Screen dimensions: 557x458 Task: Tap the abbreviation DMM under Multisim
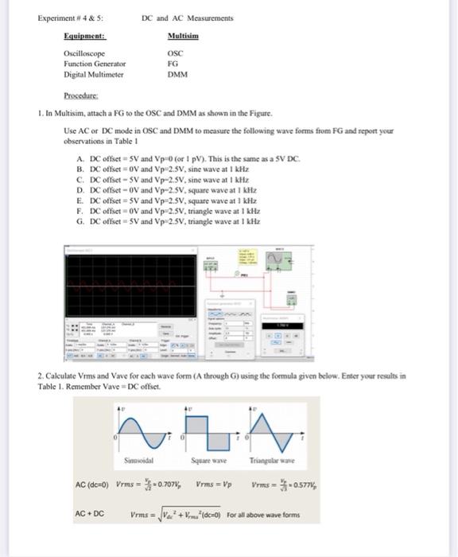pyautogui.click(x=177, y=75)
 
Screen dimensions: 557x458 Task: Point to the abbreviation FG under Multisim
pyautogui.click(x=173, y=64)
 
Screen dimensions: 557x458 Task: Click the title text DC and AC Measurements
pyautogui.click(x=187, y=17)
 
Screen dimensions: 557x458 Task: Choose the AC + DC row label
pyautogui.click(x=88, y=514)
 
